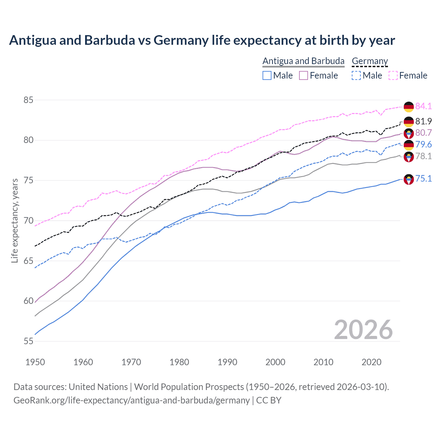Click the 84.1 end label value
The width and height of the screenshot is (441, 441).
pos(423,106)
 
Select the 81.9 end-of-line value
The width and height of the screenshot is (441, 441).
pos(423,121)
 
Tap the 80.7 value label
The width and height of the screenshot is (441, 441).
pos(423,133)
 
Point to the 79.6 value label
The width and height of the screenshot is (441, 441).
pos(423,144)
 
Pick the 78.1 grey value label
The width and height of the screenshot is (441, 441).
pos(423,156)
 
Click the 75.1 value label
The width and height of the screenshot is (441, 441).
pos(423,178)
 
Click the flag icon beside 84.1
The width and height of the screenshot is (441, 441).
pos(409,107)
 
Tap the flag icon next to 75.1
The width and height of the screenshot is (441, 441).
pos(409,179)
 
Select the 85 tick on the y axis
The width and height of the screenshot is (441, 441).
pos(28,100)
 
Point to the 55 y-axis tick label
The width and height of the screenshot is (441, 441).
pos(28,341)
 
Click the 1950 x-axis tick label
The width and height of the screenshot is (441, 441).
pos(35,362)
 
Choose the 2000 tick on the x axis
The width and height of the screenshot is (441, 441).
pos(275,362)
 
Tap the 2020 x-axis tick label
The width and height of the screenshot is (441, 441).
pos(371,362)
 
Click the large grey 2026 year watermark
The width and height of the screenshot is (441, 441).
pos(363,330)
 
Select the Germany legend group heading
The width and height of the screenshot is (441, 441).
pos(370,61)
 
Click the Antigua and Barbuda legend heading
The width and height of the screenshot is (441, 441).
pos(303,61)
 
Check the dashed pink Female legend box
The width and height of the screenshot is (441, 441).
pos(393,75)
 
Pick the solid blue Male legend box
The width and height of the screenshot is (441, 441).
pos(267,75)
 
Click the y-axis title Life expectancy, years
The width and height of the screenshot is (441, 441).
pos(14,220)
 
